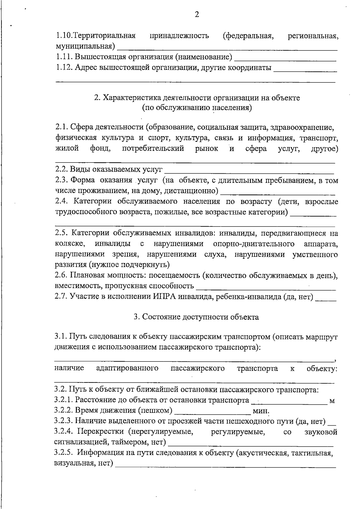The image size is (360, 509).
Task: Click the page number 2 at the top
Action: click(x=197, y=14)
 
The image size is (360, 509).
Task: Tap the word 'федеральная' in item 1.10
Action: click(x=248, y=36)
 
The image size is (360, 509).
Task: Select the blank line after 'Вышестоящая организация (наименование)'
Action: click(x=285, y=58)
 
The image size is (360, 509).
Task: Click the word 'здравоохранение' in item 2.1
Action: click(x=302, y=127)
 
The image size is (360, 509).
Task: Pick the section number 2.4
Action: click(x=62, y=202)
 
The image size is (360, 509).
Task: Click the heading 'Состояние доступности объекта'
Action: click(x=196, y=317)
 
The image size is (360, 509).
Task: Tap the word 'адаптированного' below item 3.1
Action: click(x=127, y=368)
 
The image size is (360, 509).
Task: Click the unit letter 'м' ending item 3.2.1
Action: click(x=332, y=401)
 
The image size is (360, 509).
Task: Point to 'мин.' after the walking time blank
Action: click(x=261, y=411)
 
